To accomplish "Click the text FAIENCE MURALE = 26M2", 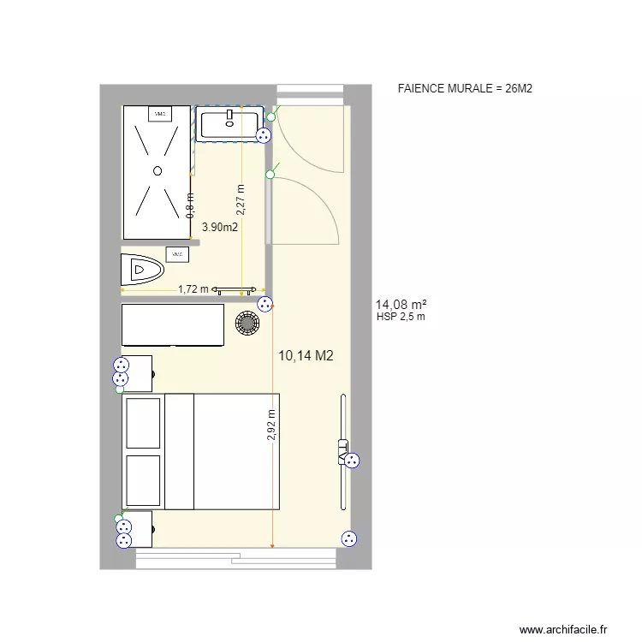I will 466,88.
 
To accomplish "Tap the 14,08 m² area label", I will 401,304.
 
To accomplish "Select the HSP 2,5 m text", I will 401,317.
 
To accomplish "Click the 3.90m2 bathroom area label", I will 220,227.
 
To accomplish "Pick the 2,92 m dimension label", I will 271,425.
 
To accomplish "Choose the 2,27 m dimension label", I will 241,199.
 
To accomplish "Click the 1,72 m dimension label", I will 193,289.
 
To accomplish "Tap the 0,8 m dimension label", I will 190,205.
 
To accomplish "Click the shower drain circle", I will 158,171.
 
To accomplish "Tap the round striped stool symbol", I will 247,324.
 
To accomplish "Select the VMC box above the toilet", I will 178,254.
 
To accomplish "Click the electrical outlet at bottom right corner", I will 348,539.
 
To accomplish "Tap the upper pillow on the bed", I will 143,422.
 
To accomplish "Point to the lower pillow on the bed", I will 143,480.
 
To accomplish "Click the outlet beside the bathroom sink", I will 263,135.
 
